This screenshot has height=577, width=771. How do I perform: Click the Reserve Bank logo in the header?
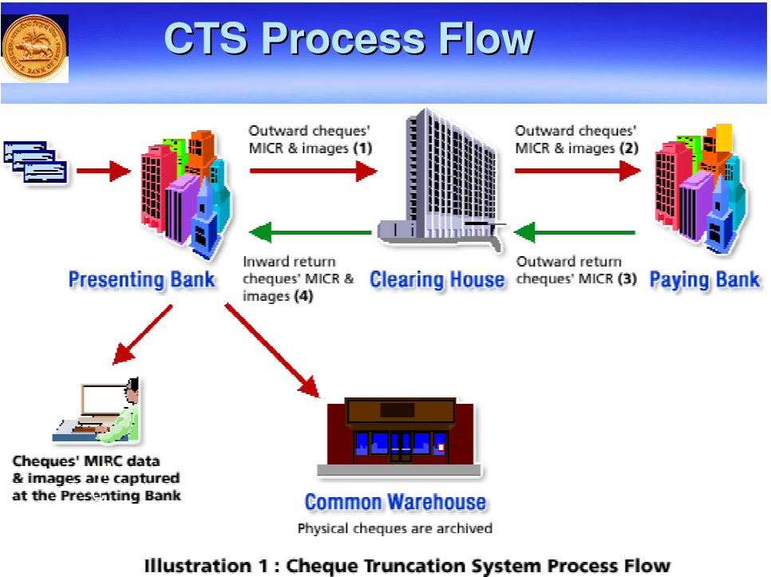(34, 49)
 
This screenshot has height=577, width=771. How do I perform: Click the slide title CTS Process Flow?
(348, 38)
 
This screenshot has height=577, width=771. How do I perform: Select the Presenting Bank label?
(141, 280)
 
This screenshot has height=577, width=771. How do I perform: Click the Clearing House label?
(437, 280)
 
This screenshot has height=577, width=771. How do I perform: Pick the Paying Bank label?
(704, 280)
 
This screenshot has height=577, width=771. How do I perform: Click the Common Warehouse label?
(395, 503)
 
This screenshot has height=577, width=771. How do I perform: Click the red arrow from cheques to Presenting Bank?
(102, 170)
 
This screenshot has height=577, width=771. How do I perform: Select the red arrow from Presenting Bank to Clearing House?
(312, 170)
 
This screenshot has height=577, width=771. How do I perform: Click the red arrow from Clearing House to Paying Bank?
(577, 170)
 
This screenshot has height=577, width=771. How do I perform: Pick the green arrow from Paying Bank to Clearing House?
(575, 233)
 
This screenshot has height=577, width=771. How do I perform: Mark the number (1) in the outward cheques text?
(363, 148)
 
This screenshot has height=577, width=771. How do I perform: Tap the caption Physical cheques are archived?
(395, 528)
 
